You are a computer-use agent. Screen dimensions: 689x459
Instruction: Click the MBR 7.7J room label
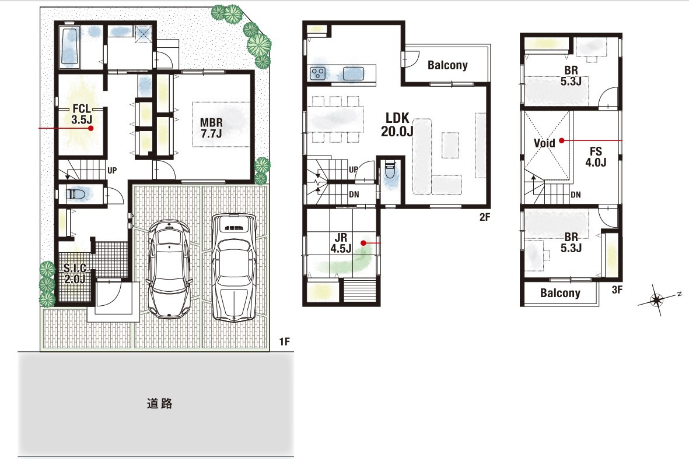211,128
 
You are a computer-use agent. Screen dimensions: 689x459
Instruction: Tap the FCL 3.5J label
82,114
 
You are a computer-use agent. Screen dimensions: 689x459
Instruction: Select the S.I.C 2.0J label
75,273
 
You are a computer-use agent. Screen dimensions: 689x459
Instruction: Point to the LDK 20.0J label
397,125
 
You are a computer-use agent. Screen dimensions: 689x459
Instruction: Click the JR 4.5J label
341,243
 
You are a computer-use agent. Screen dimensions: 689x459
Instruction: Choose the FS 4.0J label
596,157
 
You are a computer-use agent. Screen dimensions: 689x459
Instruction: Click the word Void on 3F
544,143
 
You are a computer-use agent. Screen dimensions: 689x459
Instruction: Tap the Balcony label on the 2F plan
447,65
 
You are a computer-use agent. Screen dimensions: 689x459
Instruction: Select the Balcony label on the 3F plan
560,293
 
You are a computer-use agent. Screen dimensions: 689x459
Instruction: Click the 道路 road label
159,403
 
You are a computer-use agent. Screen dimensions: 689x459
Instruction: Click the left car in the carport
170,269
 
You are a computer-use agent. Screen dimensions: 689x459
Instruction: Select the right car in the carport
233,268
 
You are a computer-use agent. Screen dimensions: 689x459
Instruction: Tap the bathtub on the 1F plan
68,45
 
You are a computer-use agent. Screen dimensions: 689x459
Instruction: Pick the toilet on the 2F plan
389,170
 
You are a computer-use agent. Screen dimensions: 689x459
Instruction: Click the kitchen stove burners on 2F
317,73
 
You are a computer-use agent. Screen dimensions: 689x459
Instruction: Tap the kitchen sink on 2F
354,74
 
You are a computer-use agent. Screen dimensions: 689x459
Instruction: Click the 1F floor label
285,341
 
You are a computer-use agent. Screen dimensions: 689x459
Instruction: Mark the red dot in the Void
562,141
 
